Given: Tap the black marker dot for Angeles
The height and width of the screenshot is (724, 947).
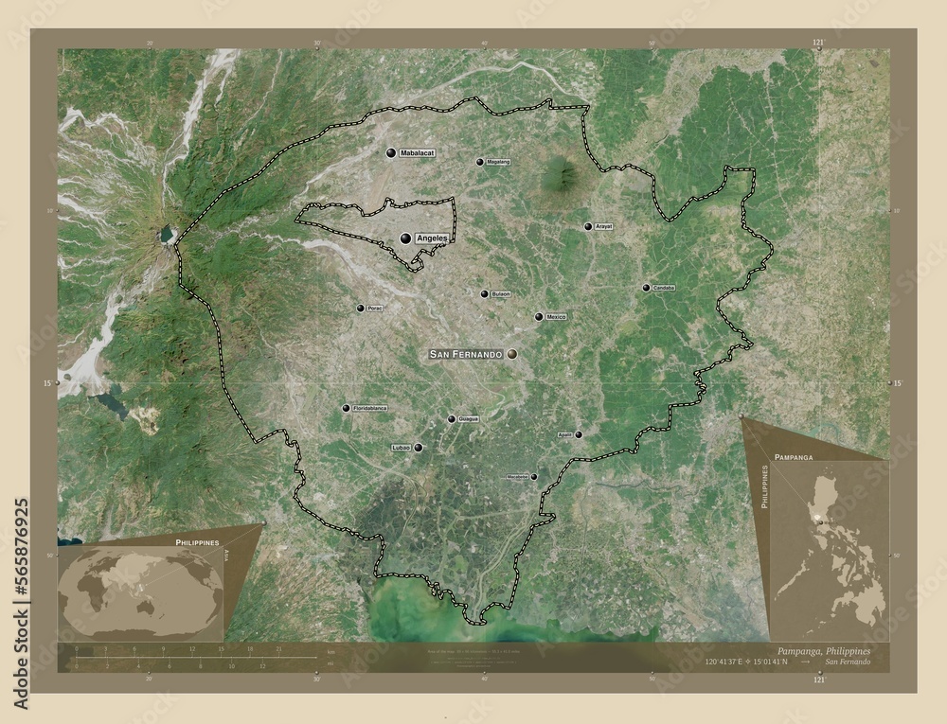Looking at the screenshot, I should point(405,239).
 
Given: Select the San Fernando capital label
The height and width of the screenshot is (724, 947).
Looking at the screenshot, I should point(465,354).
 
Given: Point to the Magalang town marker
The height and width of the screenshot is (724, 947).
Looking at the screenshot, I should point(480,162).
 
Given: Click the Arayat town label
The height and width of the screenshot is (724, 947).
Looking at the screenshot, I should point(604,227).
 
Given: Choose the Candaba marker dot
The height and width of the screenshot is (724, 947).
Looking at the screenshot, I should point(646,288).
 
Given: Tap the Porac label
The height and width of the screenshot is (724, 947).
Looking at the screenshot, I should point(376,309).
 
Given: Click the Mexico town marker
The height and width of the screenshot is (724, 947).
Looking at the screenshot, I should point(539,317).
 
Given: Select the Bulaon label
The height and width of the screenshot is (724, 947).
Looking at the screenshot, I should point(501,294).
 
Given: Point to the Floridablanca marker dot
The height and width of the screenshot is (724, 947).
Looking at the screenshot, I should point(346,408).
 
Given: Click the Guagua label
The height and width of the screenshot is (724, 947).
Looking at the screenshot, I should point(468,418).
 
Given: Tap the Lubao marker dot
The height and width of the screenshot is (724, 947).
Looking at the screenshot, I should point(418,447).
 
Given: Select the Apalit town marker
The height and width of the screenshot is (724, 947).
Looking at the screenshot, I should point(579,434).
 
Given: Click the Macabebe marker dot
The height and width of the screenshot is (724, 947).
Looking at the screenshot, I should point(534,477).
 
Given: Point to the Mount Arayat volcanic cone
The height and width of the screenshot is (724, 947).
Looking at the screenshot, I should point(561,172).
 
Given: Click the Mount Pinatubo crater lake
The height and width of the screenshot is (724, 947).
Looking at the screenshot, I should point(168,232).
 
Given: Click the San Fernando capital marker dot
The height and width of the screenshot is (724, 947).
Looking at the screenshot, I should point(512,354).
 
